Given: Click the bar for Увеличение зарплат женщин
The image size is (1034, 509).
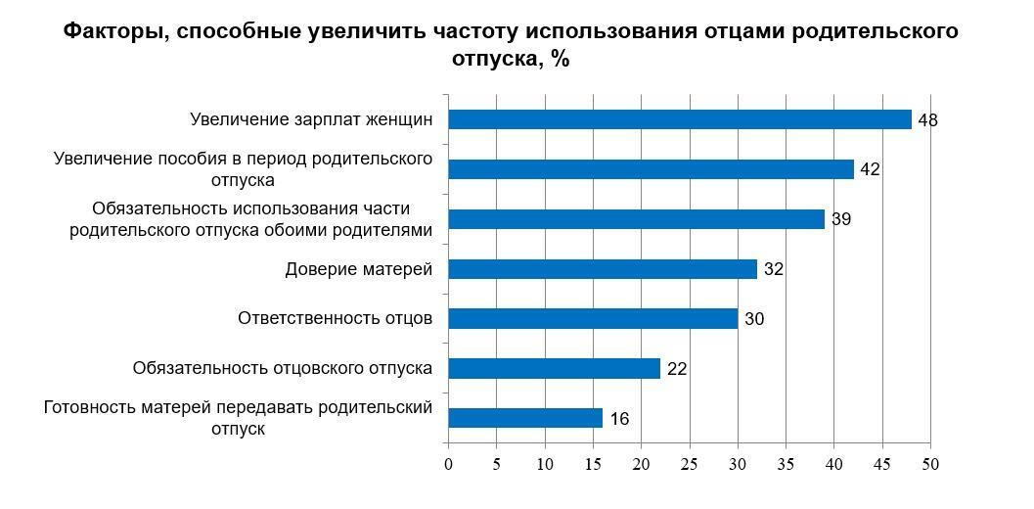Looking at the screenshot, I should (x=680, y=119).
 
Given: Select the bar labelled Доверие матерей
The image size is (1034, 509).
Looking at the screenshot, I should (x=603, y=269).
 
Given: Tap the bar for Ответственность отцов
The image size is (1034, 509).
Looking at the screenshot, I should (x=593, y=319).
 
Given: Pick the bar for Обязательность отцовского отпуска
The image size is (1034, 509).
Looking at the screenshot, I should (x=554, y=369).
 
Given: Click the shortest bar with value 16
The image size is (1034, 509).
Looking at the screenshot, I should (x=525, y=419).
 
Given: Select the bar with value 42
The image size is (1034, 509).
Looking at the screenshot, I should (x=651, y=169).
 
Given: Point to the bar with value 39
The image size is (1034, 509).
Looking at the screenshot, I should (x=636, y=219).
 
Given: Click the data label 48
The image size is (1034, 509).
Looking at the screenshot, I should (x=928, y=119).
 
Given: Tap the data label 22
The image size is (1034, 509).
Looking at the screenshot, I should (x=677, y=369).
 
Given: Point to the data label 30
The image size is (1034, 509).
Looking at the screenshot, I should (x=754, y=319).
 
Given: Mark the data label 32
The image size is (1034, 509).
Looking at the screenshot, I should (x=774, y=269).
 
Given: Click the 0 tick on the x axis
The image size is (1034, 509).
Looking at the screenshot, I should (x=448, y=464).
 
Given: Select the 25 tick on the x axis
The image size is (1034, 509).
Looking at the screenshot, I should (x=690, y=464).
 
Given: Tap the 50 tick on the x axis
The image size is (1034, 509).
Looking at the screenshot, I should (x=930, y=464).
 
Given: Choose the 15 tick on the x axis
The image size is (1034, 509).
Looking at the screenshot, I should (x=593, y=464).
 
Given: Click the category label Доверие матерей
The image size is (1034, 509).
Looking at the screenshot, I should (x=358, y=269).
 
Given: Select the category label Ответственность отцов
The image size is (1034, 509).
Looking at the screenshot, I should (x=335, y=319).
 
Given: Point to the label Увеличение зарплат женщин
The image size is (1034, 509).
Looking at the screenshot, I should (x=311, y=119).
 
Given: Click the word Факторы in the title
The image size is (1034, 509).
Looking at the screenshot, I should (x=107, y=31).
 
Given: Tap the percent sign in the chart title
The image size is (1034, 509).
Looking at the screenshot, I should (x=560, y=59).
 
